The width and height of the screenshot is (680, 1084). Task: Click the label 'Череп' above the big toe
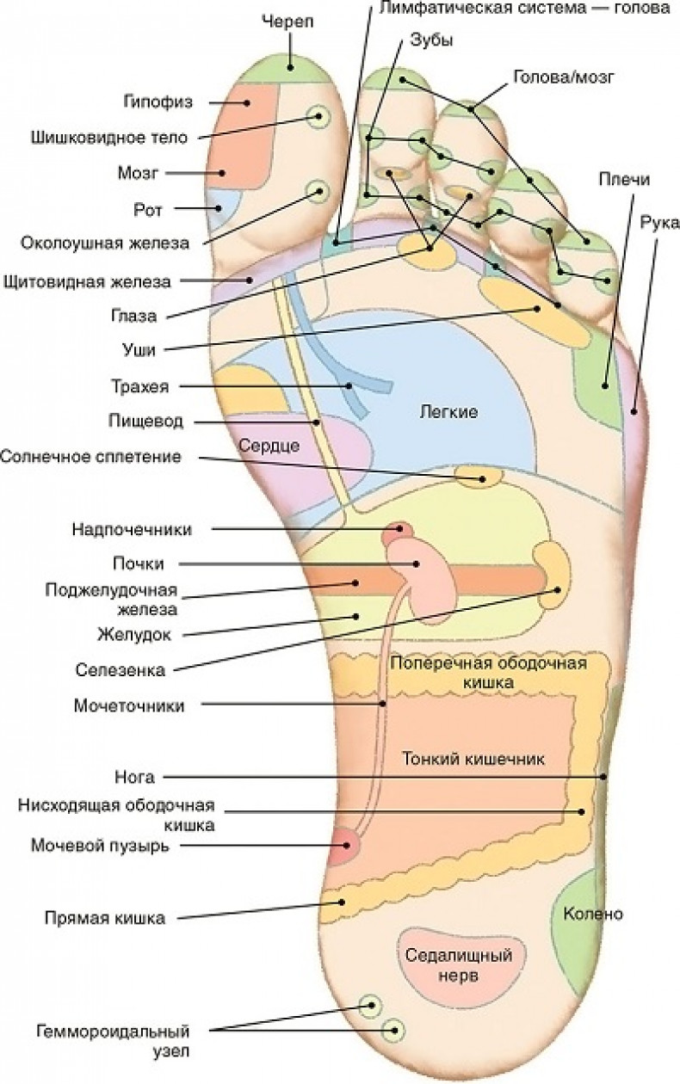pyautogui.click(x=287, y=22)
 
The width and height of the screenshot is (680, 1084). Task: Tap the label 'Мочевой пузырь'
pyautogui.click(x=100, y=846)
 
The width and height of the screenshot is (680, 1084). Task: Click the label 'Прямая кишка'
pyautogui.click(x=104, y=918)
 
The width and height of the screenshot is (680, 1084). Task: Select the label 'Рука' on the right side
pyautogui.click(x=653, y=224)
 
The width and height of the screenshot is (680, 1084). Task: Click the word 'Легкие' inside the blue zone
pyautogui.click(x=448, y=411)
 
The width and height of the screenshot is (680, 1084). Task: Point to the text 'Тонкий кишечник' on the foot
pyautogui.click(x=473, y=761)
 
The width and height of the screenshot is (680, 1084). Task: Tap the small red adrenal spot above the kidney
pyautogui.click(x=399, y=532)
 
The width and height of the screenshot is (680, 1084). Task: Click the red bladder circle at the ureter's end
pyautogui.click(x=345, y=847)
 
